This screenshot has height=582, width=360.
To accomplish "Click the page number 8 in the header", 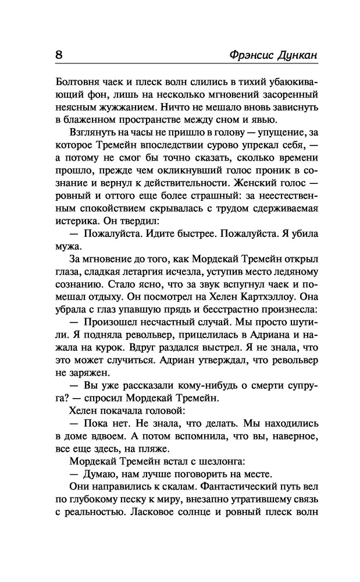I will click(x=59, y=55).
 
